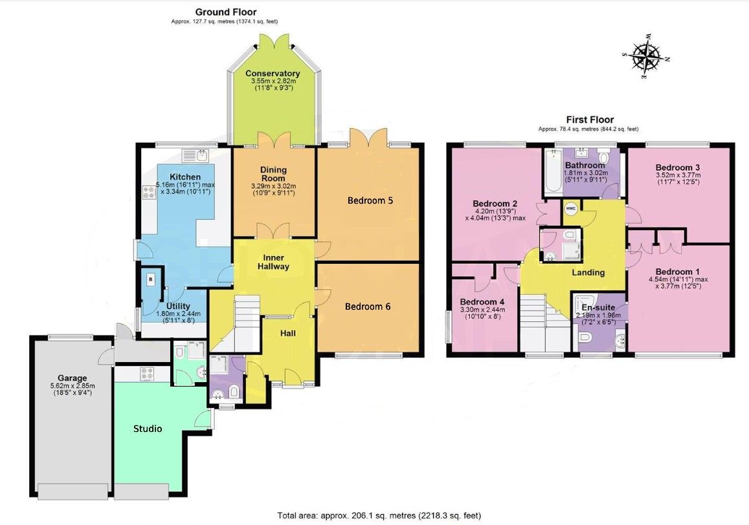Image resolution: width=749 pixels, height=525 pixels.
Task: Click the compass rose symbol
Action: click(x=646, y=56)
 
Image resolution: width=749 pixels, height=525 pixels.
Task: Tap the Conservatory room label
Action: click(x=273, y=74)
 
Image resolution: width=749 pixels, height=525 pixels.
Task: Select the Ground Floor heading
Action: click(x=226, y=12)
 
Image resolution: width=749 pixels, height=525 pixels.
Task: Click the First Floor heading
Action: click(x=590, y=120)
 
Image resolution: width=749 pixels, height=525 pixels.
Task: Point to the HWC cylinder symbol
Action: click(x=571, y=209)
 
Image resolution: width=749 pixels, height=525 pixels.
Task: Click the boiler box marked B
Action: click(x=151, y=279)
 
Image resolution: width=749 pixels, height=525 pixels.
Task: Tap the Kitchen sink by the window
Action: click(x=196, y=155)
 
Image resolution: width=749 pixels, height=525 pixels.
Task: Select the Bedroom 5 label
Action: click(x=370, y=200)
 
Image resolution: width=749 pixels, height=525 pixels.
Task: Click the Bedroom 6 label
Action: click(x=368, y=306)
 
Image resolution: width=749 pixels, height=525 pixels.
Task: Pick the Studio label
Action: click(x=148, y=429)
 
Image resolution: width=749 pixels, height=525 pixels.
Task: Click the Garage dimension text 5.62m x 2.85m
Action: click(x=73, y=386)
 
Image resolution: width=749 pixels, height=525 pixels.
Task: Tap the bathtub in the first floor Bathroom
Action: click(x=553, y=171)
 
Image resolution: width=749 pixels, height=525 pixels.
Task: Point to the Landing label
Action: click(x=588, y=272)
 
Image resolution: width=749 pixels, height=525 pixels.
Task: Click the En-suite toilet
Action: click(x=586, y=338)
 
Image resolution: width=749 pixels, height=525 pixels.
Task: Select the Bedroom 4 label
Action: click(x=482, y=302)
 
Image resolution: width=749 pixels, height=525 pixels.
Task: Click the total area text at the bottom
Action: click(x=379, y=515)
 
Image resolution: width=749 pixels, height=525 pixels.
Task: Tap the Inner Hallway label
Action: click(x=273, y=262)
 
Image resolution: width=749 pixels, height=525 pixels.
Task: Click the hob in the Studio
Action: click(x=147, y=374)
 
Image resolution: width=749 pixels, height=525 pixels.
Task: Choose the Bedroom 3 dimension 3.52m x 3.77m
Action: click(x=678, y=175)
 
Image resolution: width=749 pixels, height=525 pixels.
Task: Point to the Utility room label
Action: click(x=178, y=306)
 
